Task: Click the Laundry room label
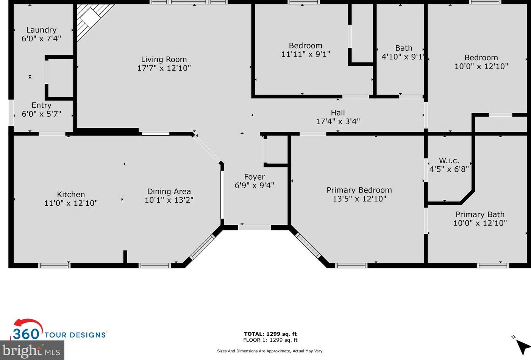click(x=41, y=30)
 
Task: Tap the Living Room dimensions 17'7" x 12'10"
click(x=164, y=68)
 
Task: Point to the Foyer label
click(x=255, y=177)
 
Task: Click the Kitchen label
click(x=71, y=194)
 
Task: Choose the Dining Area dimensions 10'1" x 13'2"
click(x=169, y=200)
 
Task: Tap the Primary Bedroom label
click(x=359, y=190)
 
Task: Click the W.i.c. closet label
click(x=449, y=161)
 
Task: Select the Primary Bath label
click(x=480, y=214)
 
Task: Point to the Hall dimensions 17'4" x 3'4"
click(x=338, y=121)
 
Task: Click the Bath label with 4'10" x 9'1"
click(x=404, y=48)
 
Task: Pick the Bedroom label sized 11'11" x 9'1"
click(x=305, y=45)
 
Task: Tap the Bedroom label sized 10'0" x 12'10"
click(x=481, y=58)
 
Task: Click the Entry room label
click(x=41, y=105)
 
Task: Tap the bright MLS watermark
click(x=32, y=351)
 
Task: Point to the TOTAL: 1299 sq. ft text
click(x=270, y=334)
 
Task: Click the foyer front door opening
click(x=255, y=227)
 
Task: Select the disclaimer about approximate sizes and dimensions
click(x=270, y=351)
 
